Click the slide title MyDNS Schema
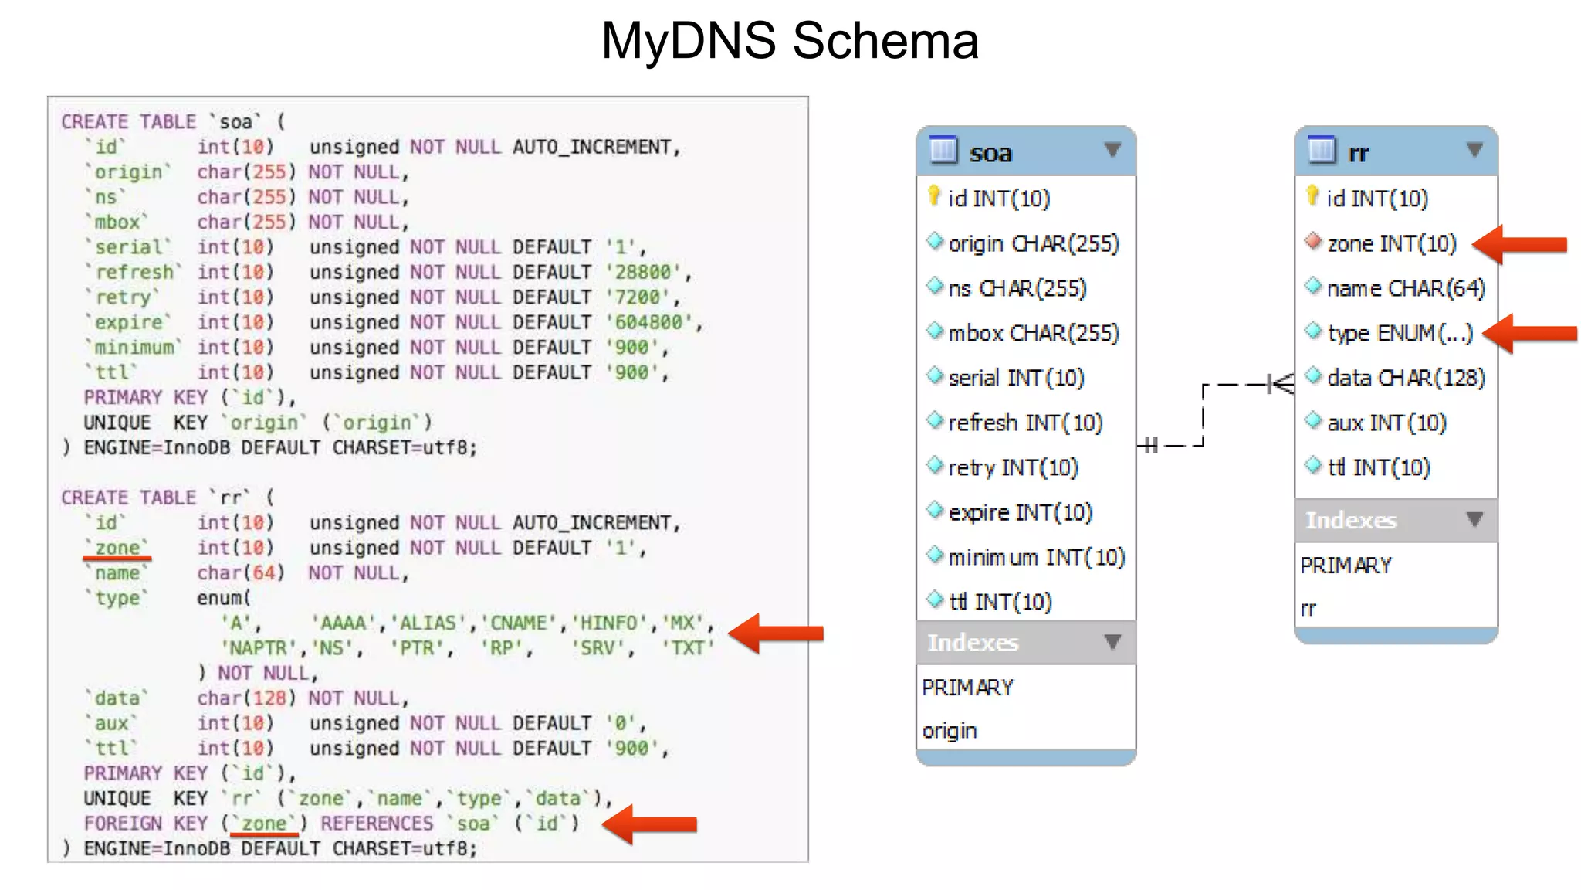tap(790, 40)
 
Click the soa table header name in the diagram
tap(990, 153)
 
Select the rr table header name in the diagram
tap(1358, 153)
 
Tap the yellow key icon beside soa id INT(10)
tap(934, 196)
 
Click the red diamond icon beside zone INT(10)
tap(1313, 242)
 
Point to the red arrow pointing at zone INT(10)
tap(1521, 245)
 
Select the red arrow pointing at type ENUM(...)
tap(1531, 334)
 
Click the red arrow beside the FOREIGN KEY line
tap(649, 824)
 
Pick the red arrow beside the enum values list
tap(776, 634)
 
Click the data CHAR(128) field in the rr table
tap(1406, 378)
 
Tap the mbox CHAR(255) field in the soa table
tap(1033, 333)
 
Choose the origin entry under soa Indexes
tap(950, 731)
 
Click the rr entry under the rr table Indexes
tap(1308, 609)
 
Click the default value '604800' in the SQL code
tap(653, 322)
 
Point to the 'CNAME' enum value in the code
tap(519, 623)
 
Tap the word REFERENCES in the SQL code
tap(377, 824)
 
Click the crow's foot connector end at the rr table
tap(1281, 384)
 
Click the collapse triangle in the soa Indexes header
tap(1112, 642)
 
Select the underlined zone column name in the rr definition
tap(117, 548)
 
